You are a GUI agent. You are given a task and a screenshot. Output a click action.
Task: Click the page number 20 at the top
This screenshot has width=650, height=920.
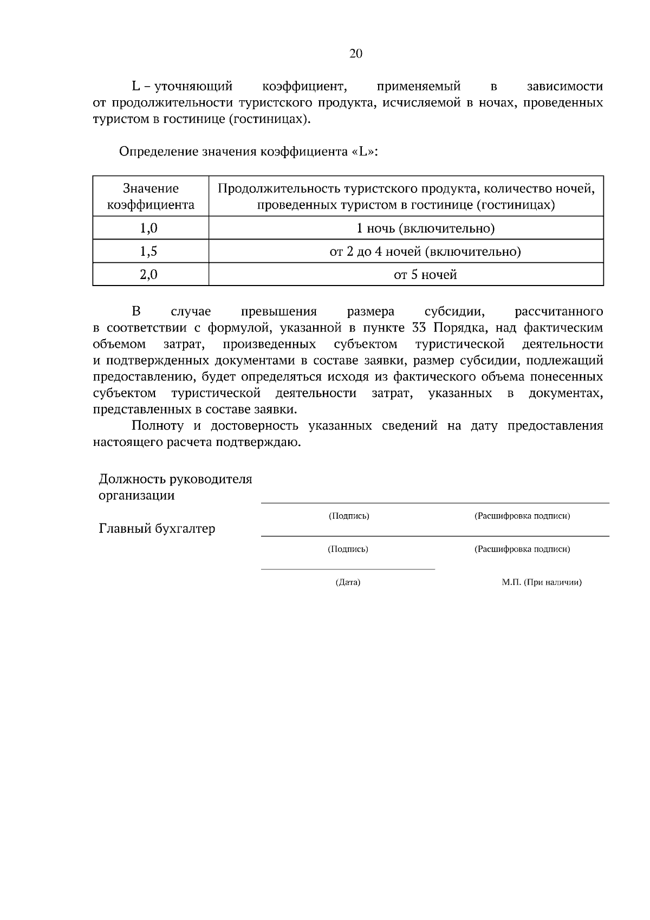pyautogui.click(x=356, y=53)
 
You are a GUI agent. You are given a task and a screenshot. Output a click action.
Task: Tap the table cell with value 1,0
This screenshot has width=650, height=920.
pyautogui.click(x=148, y=228)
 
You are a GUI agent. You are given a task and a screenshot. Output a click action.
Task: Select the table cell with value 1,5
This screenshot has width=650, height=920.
pyautogui.click(x=148, y=251)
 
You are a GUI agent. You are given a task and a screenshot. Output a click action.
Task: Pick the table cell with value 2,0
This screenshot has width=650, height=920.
pyautogui.click(x=148, y=275)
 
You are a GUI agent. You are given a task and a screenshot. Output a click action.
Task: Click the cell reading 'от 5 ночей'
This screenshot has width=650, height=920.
pyautogui.click(x=425, y=275)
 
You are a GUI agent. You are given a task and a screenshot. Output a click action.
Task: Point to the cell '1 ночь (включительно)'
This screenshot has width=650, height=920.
pyautogui.click(x=425, y=228)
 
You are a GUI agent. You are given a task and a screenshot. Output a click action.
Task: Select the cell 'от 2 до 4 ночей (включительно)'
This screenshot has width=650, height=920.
pyautogui.click(x=425, y=251)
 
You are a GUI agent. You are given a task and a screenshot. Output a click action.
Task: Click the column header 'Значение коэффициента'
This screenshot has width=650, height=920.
pyautogui.click(x=151, y=197)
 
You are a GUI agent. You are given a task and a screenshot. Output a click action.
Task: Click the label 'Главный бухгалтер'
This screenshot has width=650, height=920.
pyautogui.click(x=157, y=528)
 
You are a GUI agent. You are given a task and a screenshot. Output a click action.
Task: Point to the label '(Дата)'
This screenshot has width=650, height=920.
pyautogui.click(x=348, y=582)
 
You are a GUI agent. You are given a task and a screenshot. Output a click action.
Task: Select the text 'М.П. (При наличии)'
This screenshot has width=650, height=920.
pyautogui.click(x=541, y=582)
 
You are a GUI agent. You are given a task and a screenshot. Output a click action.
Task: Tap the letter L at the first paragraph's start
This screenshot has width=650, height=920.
pyautogui.click(x=136, y=86)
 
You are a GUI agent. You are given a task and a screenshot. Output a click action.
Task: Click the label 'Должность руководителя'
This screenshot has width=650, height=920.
pyautogui.click(x=175, y=479)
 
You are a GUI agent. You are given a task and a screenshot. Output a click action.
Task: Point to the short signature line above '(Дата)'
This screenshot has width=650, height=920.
pyautogui.click(x=348, y=569)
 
